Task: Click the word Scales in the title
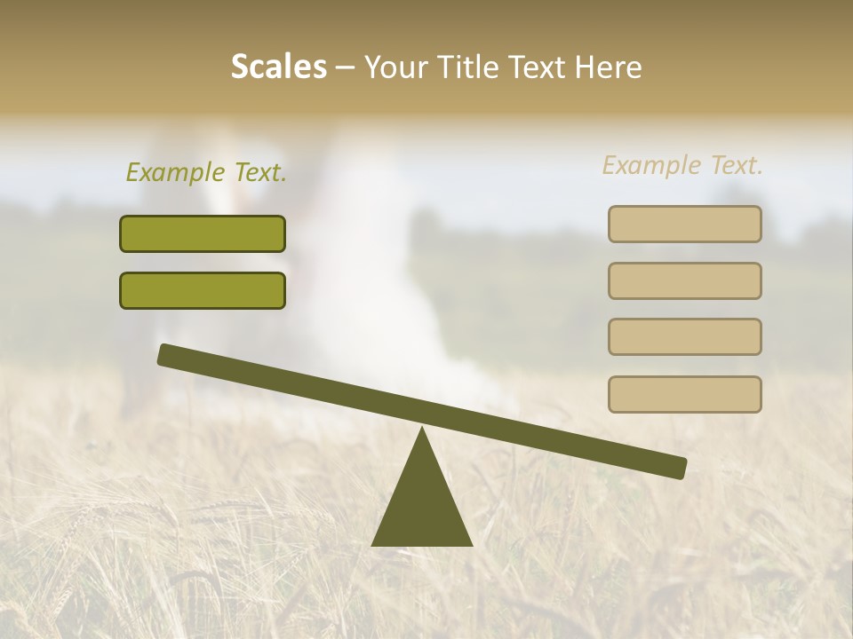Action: pos(279,67)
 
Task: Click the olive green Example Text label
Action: pos(206,172)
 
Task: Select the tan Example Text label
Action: pos(682,165)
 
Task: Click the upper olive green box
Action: pos(203,234)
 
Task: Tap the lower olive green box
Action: pos(203,290)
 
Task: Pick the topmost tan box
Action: pos(685,224)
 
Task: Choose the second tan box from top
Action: pos(685,280)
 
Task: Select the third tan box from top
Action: pos(685,337)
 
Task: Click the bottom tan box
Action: pos(685,394)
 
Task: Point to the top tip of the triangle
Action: pos(422,430)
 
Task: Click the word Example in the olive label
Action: pos(173,172)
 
